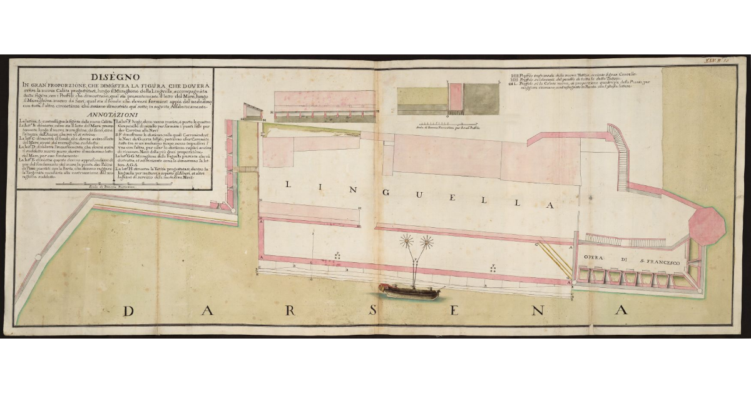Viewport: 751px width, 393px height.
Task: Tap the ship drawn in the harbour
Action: (410, 290)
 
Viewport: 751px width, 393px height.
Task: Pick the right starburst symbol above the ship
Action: (428, 241)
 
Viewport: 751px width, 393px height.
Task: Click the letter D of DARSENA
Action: (129, 310)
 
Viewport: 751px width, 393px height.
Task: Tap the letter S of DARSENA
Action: (371, 311)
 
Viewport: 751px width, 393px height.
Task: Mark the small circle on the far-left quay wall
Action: (38, 257)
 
